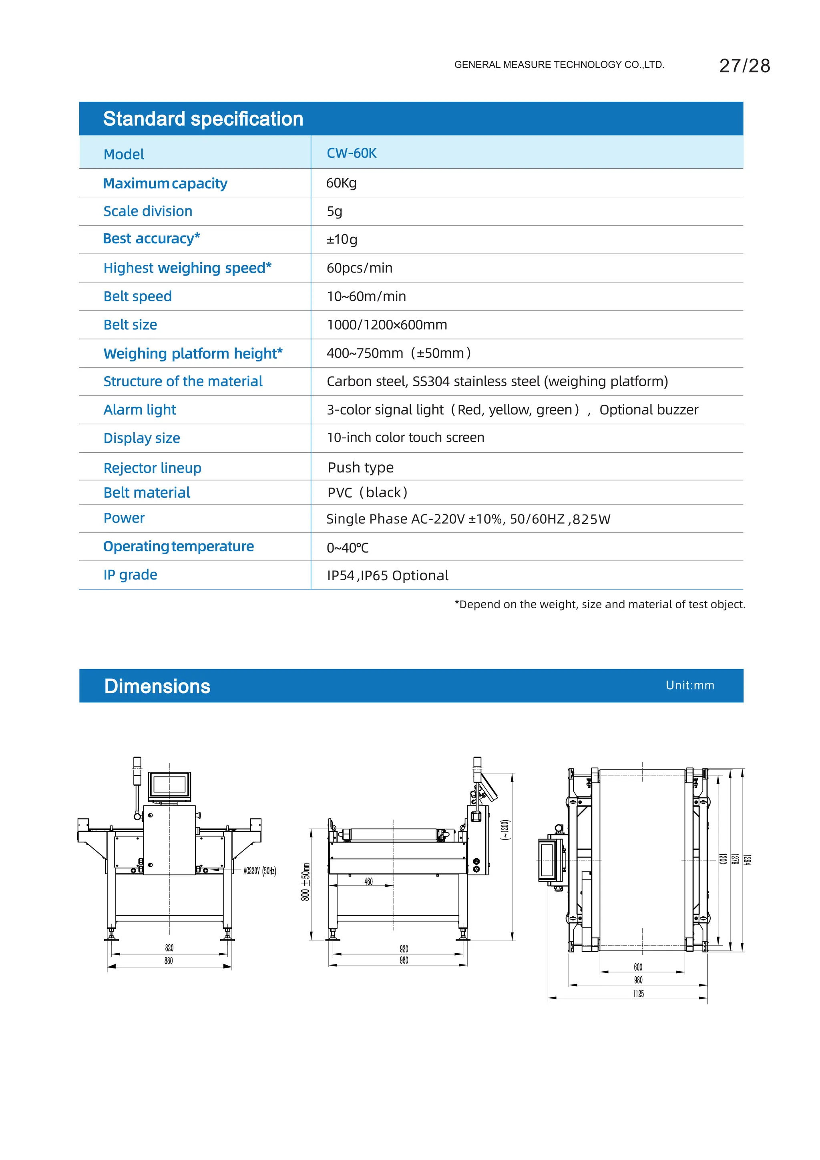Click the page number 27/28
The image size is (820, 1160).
pyautogui.click(x=744, y=66)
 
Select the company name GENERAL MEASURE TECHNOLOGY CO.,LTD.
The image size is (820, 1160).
pyautogui.click(x=559, y=65)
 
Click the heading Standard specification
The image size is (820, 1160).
pyautogui.click(x=203, y=119)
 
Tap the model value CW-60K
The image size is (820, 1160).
pyautogui.click(x=352, y=153)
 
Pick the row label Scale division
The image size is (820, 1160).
pyautogui.click(x=147, y=211)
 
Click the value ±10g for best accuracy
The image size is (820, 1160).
pyautogui.click(x=342, y=240)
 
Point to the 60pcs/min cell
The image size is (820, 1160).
pyautogui.click(x=360, y=268)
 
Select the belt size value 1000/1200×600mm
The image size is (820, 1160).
pyautogui.click(x=387, y=325)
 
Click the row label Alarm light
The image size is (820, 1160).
pyautogui.click(x=139, y=410)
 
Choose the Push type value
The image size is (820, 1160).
pyautogui.click(x=360, y=467)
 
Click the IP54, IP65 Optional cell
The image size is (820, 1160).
pyautogui.click(x=387, y=575)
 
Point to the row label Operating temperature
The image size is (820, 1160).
pyautogui.click(x=178, y=547)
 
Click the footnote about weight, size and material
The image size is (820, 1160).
pyautogui.click(x=600, y=604)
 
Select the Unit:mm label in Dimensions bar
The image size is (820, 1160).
pyautogui.click(x=690, y=686)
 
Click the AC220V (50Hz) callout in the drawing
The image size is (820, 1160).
pyautogui.click(x=259, y=871)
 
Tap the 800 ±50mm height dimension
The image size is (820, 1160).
pyautogui.click(x=305, y=882)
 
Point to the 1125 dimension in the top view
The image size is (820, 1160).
pyautogui.click(x=638, y=994)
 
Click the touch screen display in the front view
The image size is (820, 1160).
pyautogui.click(x=169, y=785)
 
